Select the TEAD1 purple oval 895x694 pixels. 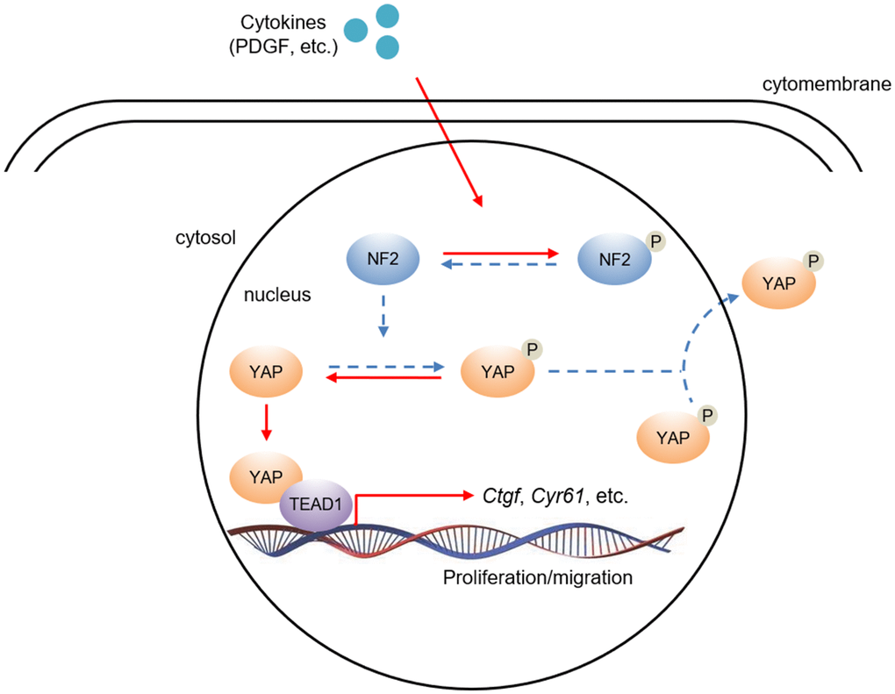point(316,505)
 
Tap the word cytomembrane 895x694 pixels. point(827,84)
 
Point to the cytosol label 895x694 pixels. point(206,238)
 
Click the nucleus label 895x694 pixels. point(277,295)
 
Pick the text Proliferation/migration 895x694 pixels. point(538,579)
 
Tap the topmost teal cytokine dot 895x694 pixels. point(388,15)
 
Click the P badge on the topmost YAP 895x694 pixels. point(813,261)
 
